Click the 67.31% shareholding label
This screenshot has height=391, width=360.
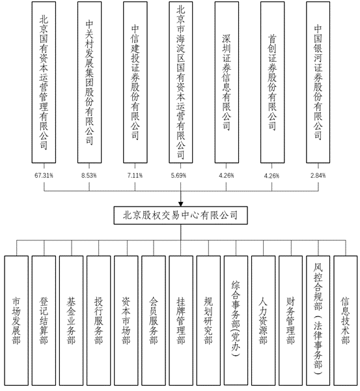[44, 175]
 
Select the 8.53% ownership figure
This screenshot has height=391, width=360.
[89, 175]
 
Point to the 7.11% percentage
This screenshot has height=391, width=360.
[135, 175]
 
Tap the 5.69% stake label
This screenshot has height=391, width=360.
[178, 175]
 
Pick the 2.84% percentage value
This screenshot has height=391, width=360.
[318, 175]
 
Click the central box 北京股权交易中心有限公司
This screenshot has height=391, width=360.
[180, 215]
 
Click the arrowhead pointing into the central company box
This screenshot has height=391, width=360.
[180, 204]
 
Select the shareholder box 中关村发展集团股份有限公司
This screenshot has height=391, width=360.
[89, 82]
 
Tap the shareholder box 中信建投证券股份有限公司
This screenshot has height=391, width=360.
[135, 82]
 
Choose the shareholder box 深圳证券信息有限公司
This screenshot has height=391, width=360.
[227, 82]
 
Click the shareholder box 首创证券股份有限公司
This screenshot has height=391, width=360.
[273, 82]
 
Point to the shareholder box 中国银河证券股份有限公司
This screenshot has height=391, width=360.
[318, 82]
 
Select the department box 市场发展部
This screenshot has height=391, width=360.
[16, 321]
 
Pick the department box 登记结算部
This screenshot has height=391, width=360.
[44, 321]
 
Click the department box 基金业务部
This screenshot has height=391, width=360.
[71, 321]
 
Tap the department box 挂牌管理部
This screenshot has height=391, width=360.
[181, 321]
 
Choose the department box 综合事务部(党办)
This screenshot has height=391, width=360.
[236, 321]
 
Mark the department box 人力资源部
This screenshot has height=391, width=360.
[264, 321]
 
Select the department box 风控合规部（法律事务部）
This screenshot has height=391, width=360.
[318, 321]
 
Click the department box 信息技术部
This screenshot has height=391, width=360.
[346, 321]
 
